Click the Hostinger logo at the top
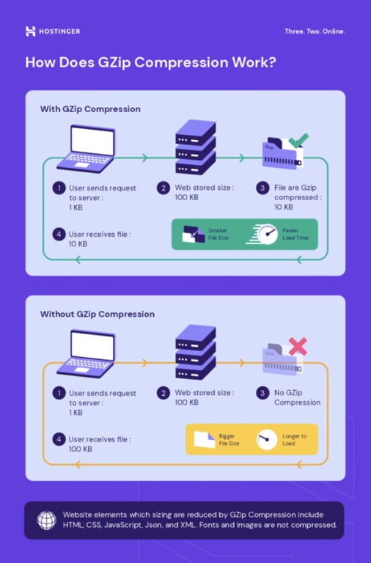coord(52,32)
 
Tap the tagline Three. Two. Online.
coord(315,32)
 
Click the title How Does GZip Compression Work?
coord(150,62)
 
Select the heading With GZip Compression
coord(90,109)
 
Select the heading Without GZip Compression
coord(98,314)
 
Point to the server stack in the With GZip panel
coord(196,147)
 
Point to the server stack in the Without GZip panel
coord(196,352)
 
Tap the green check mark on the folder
coord(297,139)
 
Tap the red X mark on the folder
coord(297,345)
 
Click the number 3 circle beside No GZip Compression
coord(262,393)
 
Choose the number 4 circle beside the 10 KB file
coord(59,235)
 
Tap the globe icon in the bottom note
coord(46,520)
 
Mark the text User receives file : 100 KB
coord(100,444)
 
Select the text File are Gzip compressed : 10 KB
coord(298,197)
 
